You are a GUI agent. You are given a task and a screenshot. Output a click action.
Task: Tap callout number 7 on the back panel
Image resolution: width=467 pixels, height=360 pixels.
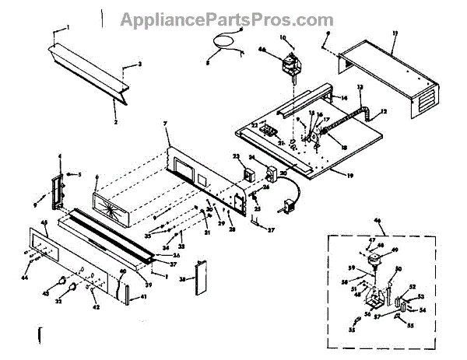coord(165,124)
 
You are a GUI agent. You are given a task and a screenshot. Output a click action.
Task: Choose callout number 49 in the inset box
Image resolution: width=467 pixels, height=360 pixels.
coord(393,250)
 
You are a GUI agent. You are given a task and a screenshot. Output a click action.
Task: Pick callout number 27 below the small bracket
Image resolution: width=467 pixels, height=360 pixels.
coord(271,230)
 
